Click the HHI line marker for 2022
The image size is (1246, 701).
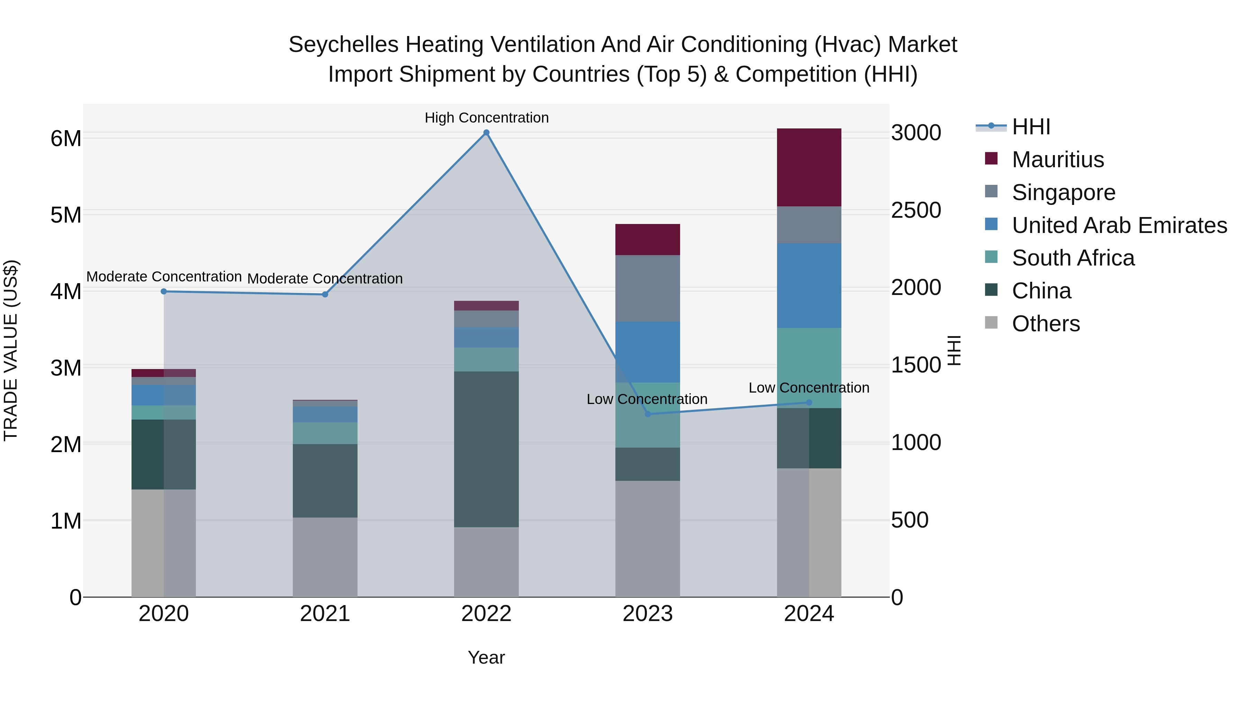point(487,133)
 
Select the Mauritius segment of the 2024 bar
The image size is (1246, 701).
point(809,168)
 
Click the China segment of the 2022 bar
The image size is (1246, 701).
point(486,449)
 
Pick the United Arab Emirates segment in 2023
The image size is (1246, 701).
point(648,352)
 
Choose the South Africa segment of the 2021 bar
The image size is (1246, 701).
point(325,433)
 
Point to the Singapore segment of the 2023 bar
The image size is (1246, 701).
point(648,288)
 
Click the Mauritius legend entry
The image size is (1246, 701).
point(1057,160)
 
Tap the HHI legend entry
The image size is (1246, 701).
point(1031,127)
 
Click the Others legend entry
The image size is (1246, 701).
point(1045,324)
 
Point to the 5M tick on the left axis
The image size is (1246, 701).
point(66,215)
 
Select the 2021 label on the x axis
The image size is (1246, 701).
point(325,614)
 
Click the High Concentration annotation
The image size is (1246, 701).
point(487,118)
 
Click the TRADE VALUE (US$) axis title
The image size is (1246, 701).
point(11,350)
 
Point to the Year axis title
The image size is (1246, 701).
point(486,657)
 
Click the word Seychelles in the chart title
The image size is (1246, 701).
point(343,45)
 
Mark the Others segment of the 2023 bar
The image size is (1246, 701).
point(648,538)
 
